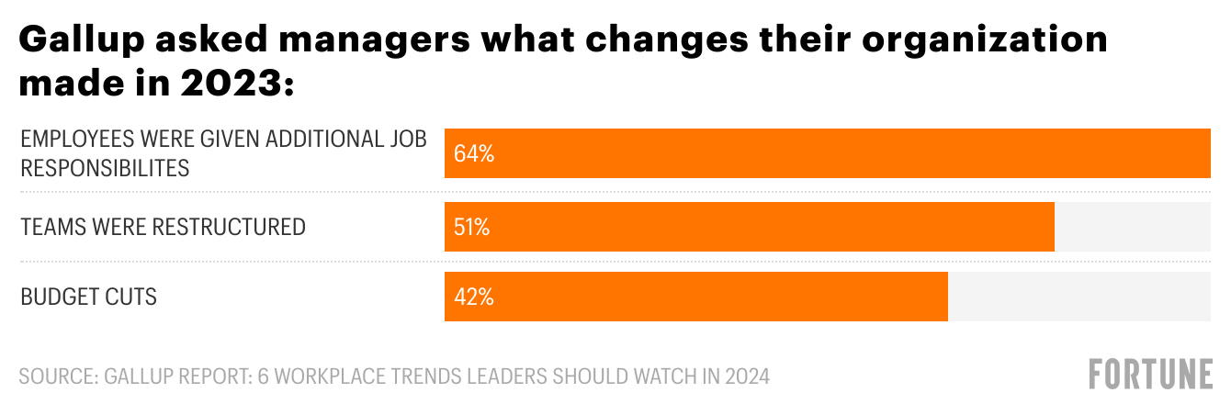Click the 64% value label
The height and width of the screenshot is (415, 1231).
[x=474, y=154]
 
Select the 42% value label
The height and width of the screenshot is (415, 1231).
[x=474, y=297]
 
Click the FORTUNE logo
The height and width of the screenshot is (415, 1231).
[x=1151, y=376]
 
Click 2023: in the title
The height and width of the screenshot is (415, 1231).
[x=236, y=84]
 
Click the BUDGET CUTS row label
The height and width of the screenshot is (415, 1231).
[x=88, y=297]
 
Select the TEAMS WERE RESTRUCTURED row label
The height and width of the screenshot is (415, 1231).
[x=163, y=227]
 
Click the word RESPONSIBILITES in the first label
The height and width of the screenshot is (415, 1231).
[x=105, y=168]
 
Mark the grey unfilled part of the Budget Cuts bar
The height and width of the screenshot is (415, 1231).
[x=1079, y=297]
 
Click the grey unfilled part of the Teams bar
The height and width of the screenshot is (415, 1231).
[x=1132, y=227]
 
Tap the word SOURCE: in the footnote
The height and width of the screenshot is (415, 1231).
[x=57, y=376]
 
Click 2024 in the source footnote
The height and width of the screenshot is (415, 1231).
[x=745, y=376]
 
